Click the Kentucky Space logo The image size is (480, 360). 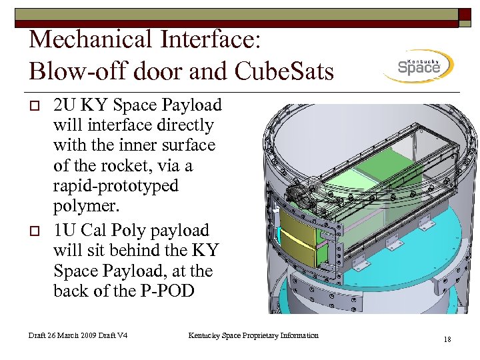coord(418,66)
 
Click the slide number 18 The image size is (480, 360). coord(447,340)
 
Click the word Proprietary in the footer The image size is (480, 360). coord(257,335)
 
